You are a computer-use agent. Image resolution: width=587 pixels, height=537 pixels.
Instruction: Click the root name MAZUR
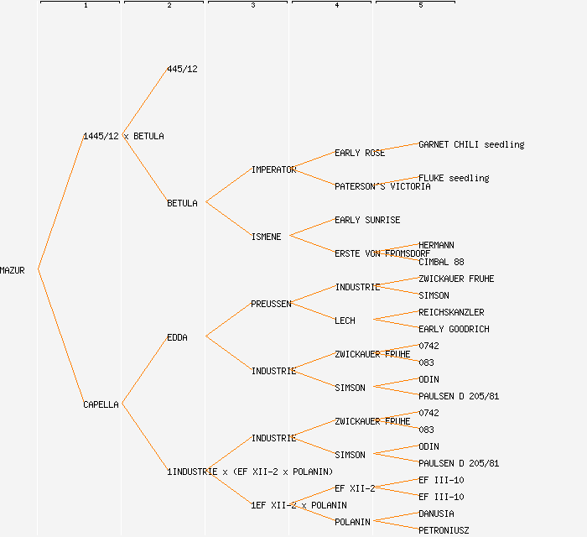click(x=13, y=270)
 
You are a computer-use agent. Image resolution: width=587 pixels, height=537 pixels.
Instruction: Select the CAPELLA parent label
click(x=101, y=404)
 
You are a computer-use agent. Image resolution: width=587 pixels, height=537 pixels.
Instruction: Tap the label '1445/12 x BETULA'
click(x=123, y=136)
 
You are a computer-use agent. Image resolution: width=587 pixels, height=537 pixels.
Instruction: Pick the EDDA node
click(x=177, y=337)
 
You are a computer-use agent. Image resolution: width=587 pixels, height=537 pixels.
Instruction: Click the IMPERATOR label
click(x=273, y=169)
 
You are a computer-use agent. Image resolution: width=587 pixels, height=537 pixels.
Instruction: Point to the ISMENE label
click(x=266, y=237)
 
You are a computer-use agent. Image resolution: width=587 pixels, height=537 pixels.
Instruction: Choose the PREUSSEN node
click(x=271, y=304)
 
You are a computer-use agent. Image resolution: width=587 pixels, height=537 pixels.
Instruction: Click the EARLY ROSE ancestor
click(x=360, y=153)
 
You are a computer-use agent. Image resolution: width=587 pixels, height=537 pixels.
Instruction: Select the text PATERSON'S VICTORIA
click(x=382, y=186)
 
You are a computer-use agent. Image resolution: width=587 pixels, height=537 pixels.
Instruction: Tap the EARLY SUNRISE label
click(x=367, y=220)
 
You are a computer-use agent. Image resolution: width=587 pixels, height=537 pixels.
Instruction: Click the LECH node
click(x=345, y=321)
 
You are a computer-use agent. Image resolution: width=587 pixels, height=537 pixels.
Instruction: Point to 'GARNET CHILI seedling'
click(x=471, y=144)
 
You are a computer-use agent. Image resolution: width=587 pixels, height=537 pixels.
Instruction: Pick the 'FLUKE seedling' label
click(x=454, y=178)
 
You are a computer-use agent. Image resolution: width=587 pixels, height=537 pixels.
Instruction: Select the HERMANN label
click(x=436, y=245)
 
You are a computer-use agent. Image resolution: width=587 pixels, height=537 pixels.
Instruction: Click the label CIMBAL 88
click(x=441, y=262)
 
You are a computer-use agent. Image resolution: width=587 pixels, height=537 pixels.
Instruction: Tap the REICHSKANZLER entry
click(x=451, y=312)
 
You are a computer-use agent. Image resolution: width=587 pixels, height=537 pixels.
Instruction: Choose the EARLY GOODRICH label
click(x=454, y=329)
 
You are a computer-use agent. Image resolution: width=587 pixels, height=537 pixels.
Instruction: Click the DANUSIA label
click(x=436, y=514)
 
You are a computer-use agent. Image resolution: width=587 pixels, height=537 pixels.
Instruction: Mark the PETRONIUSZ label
click(x=444, y=530)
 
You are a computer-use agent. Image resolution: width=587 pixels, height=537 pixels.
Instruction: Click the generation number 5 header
click(x=421, y=6)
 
